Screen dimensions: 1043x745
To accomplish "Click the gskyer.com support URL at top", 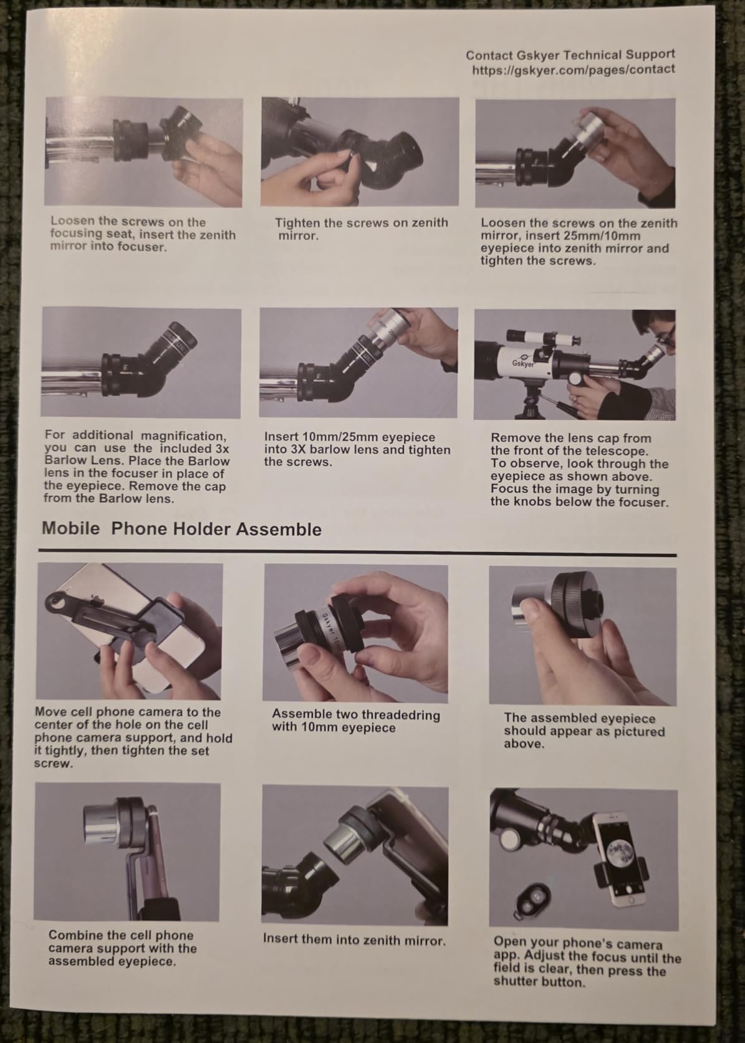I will click(573, 70).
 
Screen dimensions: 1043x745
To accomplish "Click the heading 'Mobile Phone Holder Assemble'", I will click(181, 529).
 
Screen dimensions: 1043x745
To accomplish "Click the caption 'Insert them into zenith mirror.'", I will click(354, 939).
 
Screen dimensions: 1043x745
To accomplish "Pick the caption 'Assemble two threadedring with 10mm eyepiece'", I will click(355, 721).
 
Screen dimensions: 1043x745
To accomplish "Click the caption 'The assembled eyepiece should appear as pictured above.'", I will click(584, 731).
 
